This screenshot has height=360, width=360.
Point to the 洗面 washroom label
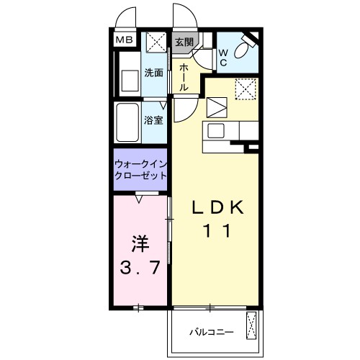(153, 73)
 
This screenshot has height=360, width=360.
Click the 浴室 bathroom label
(153, 120)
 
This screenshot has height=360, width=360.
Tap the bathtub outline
(128, 122)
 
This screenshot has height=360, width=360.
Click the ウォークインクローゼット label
(140, 170)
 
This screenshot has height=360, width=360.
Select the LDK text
(220, 207)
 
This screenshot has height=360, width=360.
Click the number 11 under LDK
(220, 232)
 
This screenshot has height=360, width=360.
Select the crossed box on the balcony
(252, 325)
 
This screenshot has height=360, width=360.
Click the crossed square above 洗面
(153, 42)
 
